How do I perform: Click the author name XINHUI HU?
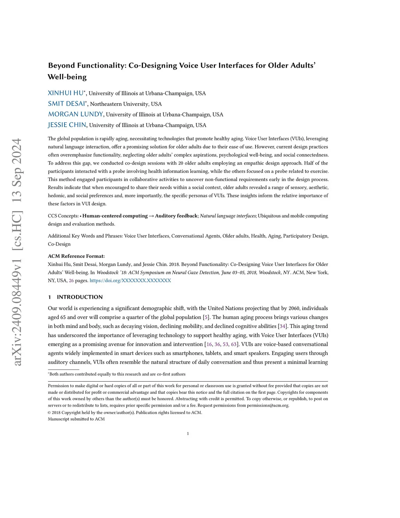coord(66,93)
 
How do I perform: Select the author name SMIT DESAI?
coord(66,104)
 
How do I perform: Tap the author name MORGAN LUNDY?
coord(75,114)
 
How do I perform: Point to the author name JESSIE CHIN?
coord(67,125)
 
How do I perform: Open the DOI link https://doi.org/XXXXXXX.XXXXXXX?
coord(130,281)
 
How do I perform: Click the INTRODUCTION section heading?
coord(80,297)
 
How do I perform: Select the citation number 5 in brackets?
coord(206,317)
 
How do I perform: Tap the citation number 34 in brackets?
coord(282,326)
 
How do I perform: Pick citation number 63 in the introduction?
coord(234,344)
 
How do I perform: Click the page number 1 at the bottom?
coord(188,434)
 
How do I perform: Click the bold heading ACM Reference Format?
coord(76,256)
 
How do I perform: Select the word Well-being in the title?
coord(67,77)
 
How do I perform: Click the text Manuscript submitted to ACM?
coord(76,419)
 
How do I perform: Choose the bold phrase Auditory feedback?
coord(176,216)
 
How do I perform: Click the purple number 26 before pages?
coord(71,281)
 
